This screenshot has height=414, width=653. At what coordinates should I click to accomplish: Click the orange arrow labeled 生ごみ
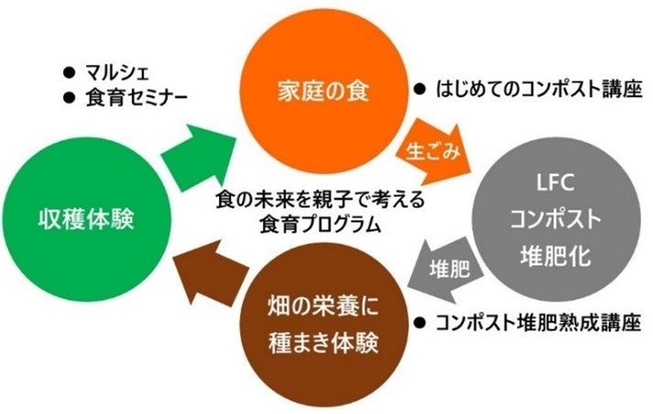pos(435,147)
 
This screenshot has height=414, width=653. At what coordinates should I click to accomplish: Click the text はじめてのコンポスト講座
pos(537,90)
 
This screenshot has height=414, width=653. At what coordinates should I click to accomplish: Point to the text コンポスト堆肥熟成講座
pos(537,321)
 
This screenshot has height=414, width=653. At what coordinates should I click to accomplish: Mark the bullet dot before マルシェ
pos(67,71)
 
